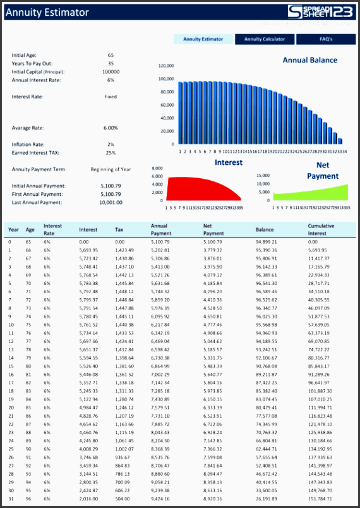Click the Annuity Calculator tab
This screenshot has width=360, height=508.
pyautogui.click(x=265, y=39)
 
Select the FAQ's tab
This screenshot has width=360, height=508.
pyautogui.click(x=326, y=39)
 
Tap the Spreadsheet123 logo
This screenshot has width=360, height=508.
pyautogui.click(x=321, y=12)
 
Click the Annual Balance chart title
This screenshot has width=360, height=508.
pyautogui.click(x=309, y=61)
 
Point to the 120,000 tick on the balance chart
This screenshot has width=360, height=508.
pyautogui.click(x=166, y=66)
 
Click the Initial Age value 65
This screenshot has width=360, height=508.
pyautogui.click(x=111, y=55)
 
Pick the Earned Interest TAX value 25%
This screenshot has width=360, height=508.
pyautogui.click(x=111, y=152)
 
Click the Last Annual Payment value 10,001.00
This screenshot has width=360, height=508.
pyautogui.click(x=111, y=202)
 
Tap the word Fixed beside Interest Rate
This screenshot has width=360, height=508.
pyautogui.click(x=111, y=97)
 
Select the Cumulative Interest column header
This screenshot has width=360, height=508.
pyautogui.click(x=321, y=229)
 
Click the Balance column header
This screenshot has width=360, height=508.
pyautogui.click(x=265, y=229)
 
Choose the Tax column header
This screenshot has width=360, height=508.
pyautogui.click(x=119, y=229)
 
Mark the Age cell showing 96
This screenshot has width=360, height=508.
pyautogui.click(x=29, y=499)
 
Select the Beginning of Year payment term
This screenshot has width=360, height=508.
pyautogui.click(x=111, y=169)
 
